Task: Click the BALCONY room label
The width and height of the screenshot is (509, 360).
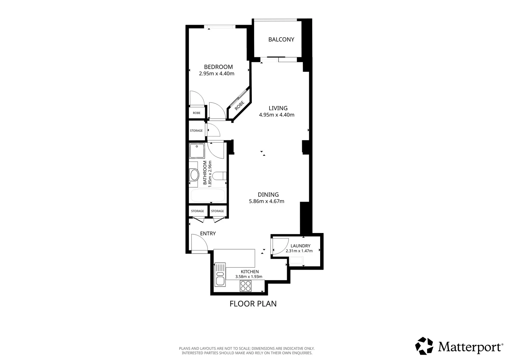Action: pos(281,39)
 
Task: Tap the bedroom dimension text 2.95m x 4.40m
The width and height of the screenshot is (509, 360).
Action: pos(217,73)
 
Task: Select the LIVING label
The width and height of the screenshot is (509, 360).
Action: pos(278,108)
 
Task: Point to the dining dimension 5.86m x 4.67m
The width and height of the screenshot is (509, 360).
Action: pos(266,201)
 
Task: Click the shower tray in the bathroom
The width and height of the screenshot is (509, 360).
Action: pos(197,150)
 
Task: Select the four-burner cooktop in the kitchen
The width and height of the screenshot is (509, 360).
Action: pos(246,286)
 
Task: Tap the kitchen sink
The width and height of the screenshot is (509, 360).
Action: pos(220,274)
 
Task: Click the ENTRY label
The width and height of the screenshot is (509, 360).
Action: pos(208,233)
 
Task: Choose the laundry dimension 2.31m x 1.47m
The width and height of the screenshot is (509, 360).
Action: pos(299,251)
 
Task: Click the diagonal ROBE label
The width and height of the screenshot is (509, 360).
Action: pos(239,106)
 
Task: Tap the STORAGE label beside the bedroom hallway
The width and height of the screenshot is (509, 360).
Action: pos(196,131)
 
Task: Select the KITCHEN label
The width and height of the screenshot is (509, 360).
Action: pos(250,272)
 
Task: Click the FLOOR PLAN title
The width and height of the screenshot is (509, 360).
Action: pos(253,304)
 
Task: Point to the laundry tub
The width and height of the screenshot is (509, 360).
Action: pos(296,260)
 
